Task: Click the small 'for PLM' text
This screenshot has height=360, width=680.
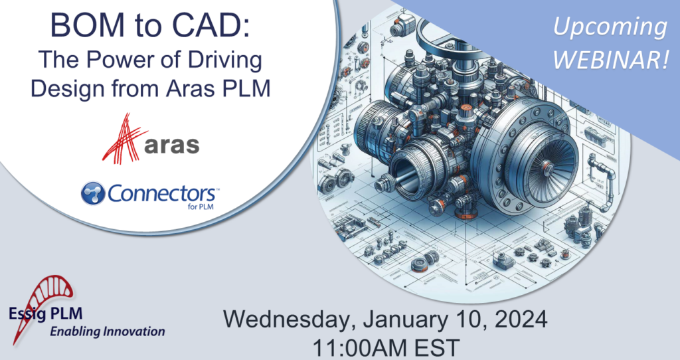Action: click(199, 206)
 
